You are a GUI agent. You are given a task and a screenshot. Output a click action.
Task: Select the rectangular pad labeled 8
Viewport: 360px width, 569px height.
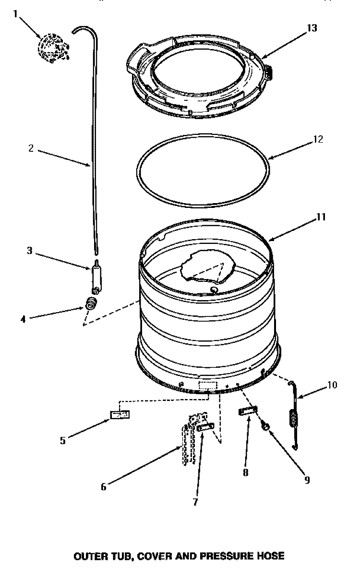tap(248, 412)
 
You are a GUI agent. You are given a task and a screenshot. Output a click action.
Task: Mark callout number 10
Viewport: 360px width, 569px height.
tap(332, 384)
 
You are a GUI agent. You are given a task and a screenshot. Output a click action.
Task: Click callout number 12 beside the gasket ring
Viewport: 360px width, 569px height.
tap(318, 140)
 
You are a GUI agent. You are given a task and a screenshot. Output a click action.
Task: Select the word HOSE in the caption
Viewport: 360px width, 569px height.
tap(273, 556)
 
